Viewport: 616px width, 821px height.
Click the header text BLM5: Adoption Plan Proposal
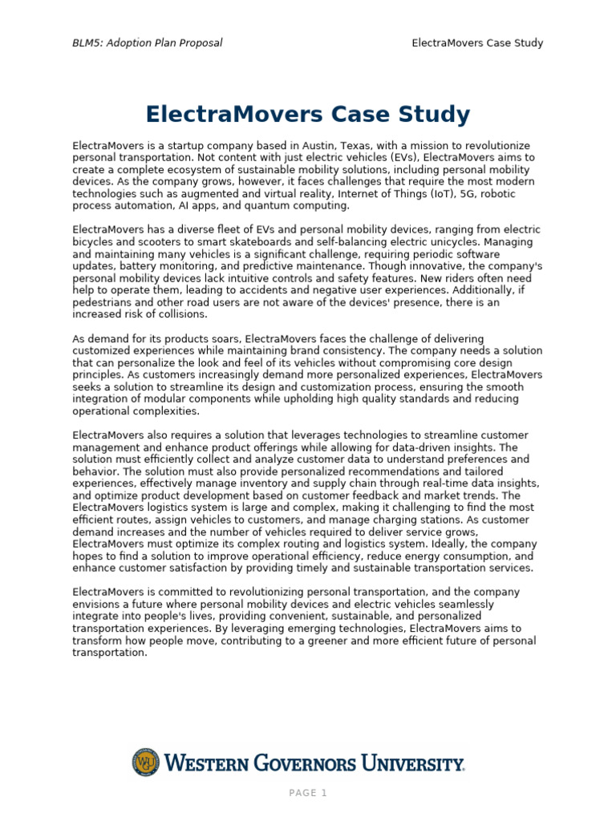click(148, 42)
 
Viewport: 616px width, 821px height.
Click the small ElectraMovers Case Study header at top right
click(477, 42)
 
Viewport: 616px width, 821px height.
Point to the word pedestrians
click(103, 302)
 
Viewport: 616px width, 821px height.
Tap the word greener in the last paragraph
click(334, 641)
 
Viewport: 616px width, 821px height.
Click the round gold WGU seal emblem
click(146, 762)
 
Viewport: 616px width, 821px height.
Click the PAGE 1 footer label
click(308, 794)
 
